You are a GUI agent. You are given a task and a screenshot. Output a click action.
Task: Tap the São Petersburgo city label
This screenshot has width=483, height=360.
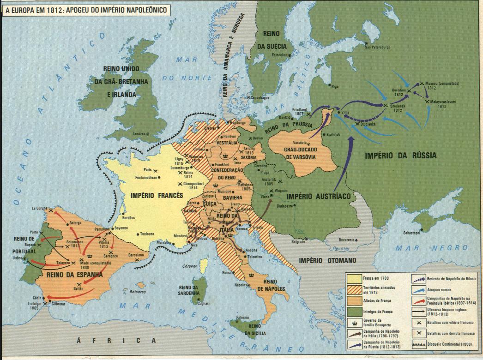pyautogui.click(x=378, y=47)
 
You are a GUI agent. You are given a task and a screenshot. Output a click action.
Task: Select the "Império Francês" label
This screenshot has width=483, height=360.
pyautogui.click(x=157, y=195)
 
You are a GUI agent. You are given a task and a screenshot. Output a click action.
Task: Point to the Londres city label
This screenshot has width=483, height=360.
pyautogui.click(x=140, y=134)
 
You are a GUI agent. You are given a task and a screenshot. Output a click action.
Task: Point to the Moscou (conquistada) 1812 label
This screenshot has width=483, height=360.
pyautogui.click(x=442, y=86)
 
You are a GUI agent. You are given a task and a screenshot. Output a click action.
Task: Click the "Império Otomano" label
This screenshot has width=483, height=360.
pyautogui.click(x=327, y=261)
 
